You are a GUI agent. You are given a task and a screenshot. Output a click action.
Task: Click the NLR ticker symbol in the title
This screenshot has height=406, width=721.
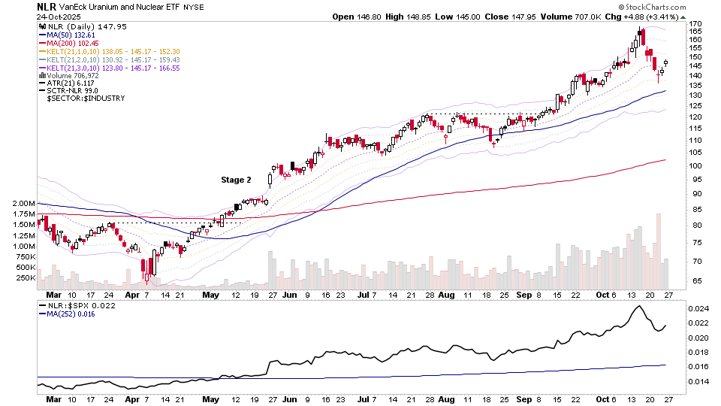point(46,6)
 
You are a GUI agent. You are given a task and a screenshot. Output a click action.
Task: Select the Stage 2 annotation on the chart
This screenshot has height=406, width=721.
point(236,180)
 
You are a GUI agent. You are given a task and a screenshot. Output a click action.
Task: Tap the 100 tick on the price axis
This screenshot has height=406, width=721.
point(695,165)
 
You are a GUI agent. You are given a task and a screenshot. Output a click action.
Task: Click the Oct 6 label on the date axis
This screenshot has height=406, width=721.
point(605,295)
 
